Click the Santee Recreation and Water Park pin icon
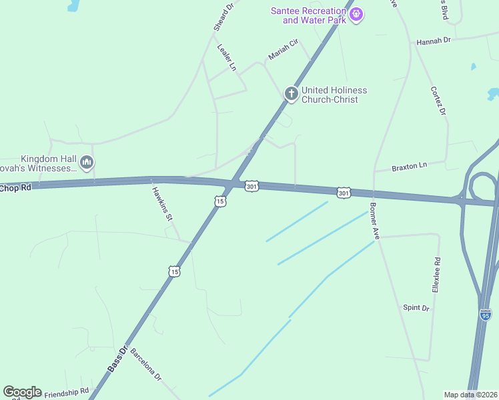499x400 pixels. [x=357, y=13]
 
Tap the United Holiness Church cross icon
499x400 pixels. [x=291, y=94]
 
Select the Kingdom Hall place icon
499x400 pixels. [x=87, y=162]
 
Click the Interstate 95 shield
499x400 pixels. [x=485, y=314]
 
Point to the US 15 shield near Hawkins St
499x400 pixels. [x=173, y=271]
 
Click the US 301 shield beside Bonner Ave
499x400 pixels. [x=343, y=193]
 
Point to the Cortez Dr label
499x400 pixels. [x=438, y=101]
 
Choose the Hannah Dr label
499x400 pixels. [x=434, y=41]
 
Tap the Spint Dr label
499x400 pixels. [x=416, y=307]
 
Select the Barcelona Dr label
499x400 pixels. [x=146, y=364]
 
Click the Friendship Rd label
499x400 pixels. [x=66, y=393]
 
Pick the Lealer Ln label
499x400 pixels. [x=227, y=58]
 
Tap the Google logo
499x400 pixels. [x=22, y=392]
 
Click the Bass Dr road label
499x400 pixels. [x=117, y=359]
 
